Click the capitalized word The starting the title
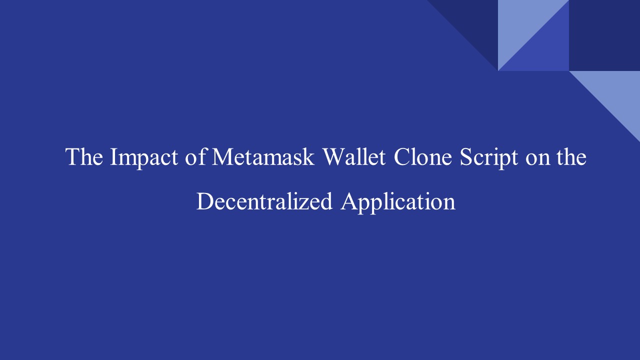click(x=84, y=157)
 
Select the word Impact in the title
click(x=143, y=158)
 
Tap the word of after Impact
click(x=195, y=156)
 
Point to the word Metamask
click(x=263, y=157)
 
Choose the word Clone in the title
click(x=422, y=157)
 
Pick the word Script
click(x=488, y=158)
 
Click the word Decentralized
click(x=264, y=201)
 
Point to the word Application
click(x=397, y=202)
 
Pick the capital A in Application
click(x=348, y=201)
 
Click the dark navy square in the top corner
click(x=604, y=35)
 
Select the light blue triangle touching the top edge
click(x=521, y=23)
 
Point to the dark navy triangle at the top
click(x=474, y=23)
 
